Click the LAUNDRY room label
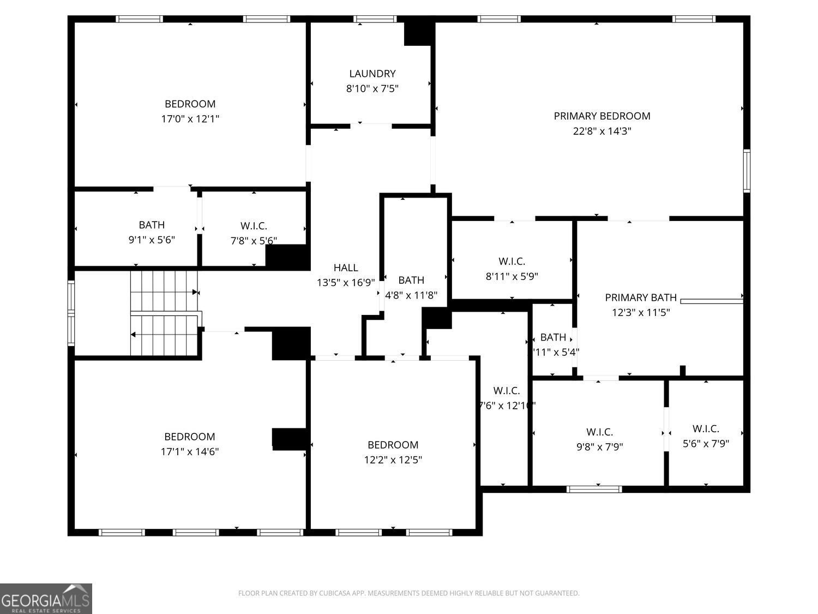pyautogui.click(x=372, y=74)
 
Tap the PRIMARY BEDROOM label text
pyautogui.click(x=602, y=116)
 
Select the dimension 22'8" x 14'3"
pyautogui.click(x=602, y=131)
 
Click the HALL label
pyautogui.click(x=346, y=267)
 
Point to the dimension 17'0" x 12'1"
pyautogui.click(x=190, y=119)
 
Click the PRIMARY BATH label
pyautogui.click(x=641, y=297)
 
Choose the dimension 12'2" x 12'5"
pyautogui.click(x=393, y=460)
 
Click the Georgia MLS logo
pyautogui.click(x=46, y=599)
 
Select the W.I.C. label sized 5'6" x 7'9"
pyautogui.click(x=706, y=429)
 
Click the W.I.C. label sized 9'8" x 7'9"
pyautogui.click(x=599, y=432)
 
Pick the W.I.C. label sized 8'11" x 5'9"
pyautogui.click(x=512, y=261)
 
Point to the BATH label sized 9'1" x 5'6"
pyautogui.click(x=152, y=225)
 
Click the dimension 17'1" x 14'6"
pyautogui.click(x=190, y=452)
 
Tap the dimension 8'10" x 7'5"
pyautogui.click(x=372, y=88)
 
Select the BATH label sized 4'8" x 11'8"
pyautogui.click(x=411, y=280)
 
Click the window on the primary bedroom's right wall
pyautogui.click(x=747, y=170)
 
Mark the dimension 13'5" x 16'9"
pyautogui.click(x=346, y=283)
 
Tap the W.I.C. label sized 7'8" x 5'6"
pyautogui.click(x=254, y=225)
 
